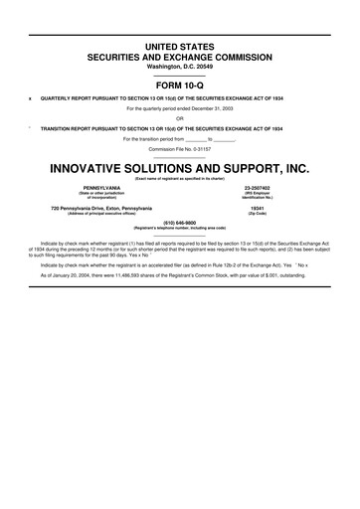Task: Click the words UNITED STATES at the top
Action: pyautogui.click(x=180, y=47)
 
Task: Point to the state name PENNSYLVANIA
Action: pyautogui.click(x=101, y=187)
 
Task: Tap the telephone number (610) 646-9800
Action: pyautogui.click(x=180, y=224)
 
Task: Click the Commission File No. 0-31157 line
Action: pyautogui.click(x=180, y=148)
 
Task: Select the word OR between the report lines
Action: pyautogui.click(x=180, y=119)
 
